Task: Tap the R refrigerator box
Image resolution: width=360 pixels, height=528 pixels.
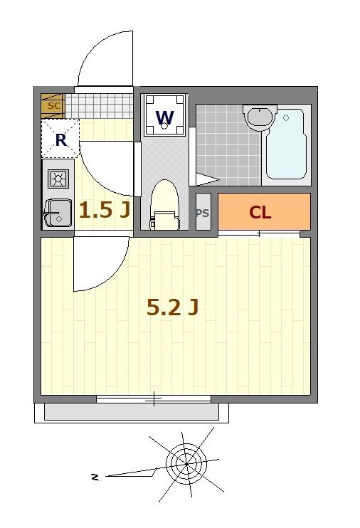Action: point(60,139)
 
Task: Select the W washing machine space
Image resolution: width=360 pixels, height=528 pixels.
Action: point(165,116)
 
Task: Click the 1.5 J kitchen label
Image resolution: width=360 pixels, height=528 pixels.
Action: point(104,210)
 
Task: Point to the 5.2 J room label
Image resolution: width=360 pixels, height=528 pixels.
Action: point(171,307)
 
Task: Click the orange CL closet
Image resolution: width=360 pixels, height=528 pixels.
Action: point(263,212)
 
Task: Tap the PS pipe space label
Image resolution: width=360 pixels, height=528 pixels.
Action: point(202,213)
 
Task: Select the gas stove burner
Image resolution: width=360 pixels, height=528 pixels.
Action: point(58,178)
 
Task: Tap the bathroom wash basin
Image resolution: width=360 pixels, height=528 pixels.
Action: point(259,116)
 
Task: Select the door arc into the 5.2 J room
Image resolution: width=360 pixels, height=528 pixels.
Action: point(100,263)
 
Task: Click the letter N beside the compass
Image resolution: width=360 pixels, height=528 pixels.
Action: point(94,477)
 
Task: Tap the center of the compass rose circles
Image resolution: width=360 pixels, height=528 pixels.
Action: point(186,464)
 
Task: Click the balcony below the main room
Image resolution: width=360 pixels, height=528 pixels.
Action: point(132,412)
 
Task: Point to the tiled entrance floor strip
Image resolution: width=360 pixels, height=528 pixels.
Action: point(103,107)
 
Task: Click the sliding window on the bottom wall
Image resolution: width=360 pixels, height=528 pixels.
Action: point(153,399)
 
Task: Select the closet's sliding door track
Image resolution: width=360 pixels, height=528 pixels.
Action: point(259,233)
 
